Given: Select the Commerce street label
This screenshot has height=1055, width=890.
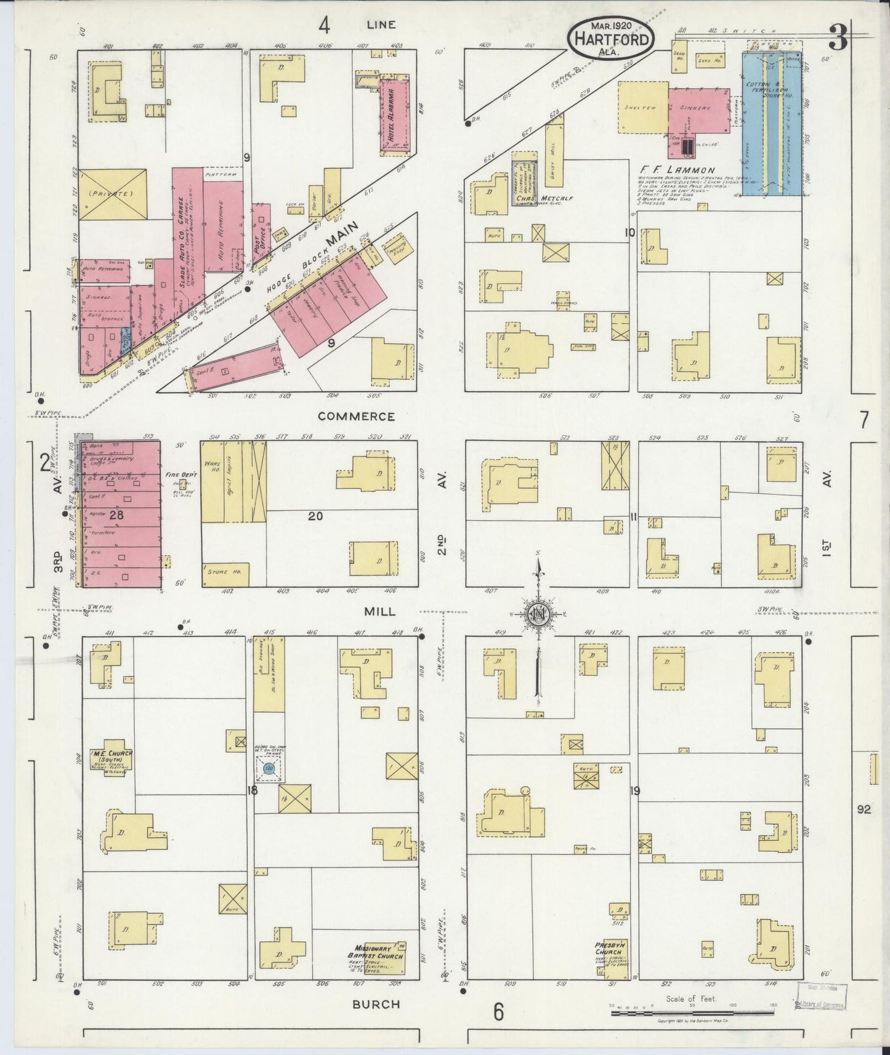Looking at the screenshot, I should (356, 417).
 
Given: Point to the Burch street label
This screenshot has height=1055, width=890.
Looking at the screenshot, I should (376, 1005).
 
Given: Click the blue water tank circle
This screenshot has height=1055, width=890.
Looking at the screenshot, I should (269, 768).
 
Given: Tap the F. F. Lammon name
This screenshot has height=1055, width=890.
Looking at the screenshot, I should (676, 170).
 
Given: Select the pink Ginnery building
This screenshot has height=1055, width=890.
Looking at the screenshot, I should (697, 110).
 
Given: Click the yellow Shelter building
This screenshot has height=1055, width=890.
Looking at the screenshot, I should (642, 107).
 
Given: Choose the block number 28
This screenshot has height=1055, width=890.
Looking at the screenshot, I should (117, 516).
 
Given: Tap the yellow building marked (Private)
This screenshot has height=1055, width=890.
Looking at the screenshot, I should (112, 194).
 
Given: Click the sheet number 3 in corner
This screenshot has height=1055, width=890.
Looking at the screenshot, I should (837, 38).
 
